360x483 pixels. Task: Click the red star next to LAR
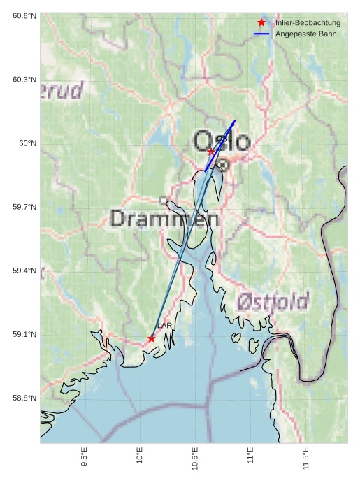click(x=152, y=338)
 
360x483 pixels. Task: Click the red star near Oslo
click(x=211, y=151)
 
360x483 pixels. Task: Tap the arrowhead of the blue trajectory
click(x=233, y=123)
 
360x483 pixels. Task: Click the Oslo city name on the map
click(x=222, y=140)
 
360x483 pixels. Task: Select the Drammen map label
click(x=164, y=219)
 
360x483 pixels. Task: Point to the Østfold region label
click(x=272, y=301)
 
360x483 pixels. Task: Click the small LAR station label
click(x=164, y=326)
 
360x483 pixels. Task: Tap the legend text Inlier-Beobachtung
click(x=308, y=23)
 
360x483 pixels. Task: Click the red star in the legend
click(x=261, y=23)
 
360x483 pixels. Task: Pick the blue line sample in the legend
click(x=261, y=34)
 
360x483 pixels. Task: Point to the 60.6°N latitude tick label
click(x=24, y=15)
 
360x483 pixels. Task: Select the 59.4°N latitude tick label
click(x=24, y=271)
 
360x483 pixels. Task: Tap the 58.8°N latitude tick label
click(x=24, y=398)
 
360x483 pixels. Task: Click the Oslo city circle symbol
click(x=222, y=164)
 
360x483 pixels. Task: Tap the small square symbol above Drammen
click(x=164, y=200)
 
